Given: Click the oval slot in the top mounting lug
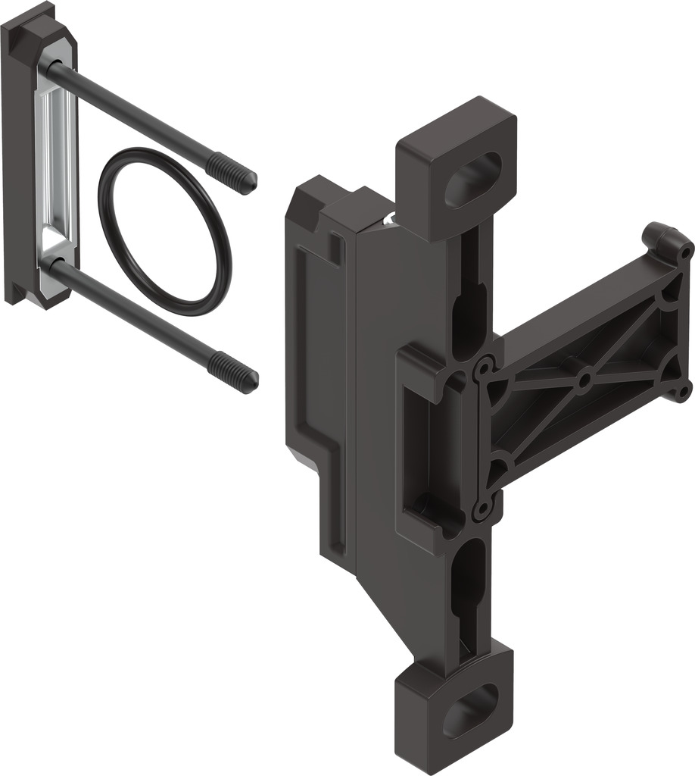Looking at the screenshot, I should coord(473,179).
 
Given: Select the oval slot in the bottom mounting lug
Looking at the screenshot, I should coord(471,710).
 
